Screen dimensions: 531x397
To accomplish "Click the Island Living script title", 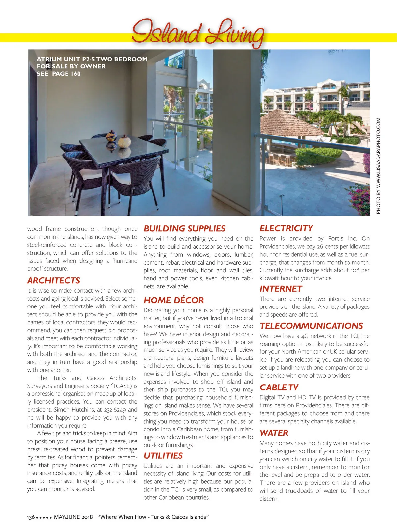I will point(198,33).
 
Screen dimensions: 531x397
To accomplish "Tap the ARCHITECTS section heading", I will point(54,281).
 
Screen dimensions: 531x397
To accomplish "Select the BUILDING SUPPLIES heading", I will point(184,228).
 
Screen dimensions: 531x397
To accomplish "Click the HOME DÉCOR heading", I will point(174,300).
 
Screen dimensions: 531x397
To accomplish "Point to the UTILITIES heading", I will point(163,456).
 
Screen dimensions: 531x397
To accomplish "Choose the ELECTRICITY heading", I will point(286,228).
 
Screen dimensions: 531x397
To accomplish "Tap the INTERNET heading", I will point(281,289).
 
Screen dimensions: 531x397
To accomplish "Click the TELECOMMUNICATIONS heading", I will point(311,326).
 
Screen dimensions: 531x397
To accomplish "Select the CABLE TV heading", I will point(279,388).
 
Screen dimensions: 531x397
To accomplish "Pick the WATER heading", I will point(274,433).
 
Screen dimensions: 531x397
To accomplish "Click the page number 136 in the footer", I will point(31,517).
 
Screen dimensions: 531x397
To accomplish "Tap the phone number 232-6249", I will point(114,410).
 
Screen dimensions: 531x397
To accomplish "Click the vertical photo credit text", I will point(378,165).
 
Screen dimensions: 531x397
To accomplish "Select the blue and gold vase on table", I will point(111,136).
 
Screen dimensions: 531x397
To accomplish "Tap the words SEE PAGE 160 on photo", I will point(59,74).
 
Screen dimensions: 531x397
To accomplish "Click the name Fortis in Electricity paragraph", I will point(336,238).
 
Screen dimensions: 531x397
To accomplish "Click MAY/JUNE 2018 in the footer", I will point(73,517).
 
